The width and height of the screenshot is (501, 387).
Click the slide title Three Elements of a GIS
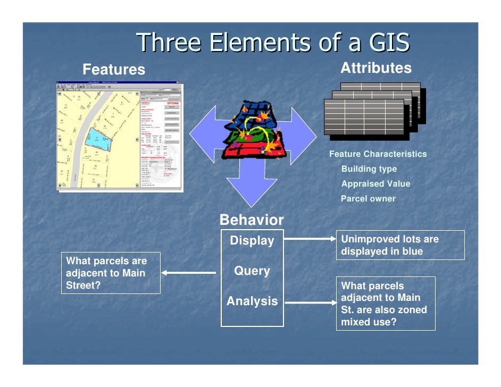point(274,43)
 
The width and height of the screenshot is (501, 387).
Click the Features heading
point(114,70)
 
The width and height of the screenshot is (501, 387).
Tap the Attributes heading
point(375,68)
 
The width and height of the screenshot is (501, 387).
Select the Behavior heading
point(252,220)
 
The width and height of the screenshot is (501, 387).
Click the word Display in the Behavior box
point(252,241)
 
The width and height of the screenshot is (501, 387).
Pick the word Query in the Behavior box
point(252,271)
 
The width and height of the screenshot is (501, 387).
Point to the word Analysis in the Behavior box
point(252,301)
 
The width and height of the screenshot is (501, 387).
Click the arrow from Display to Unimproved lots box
point(309,240)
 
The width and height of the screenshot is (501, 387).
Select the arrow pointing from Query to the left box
point(188,273)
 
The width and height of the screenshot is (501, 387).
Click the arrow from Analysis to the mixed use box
point(309,303)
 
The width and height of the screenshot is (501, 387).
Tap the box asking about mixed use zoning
point(385,304)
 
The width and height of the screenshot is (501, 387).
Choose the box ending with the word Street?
point(111,273)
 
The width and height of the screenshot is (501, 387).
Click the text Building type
point(369,169)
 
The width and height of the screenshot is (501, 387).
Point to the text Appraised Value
point(375,184)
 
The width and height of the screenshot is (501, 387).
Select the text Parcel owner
point(368,199)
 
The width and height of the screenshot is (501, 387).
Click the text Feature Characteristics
point(378,154)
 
